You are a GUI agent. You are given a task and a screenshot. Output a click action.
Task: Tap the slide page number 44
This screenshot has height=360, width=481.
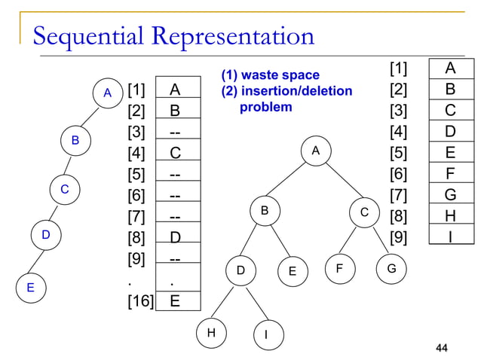click(x=442, y=347)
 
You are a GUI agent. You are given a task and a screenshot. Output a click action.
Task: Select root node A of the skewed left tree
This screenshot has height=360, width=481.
click(x=107, y=93)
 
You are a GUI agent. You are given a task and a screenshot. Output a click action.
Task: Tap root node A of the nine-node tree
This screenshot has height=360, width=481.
click(x=316, y=151)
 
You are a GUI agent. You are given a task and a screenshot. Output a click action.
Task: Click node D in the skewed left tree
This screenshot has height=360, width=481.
click(x=45, y=236)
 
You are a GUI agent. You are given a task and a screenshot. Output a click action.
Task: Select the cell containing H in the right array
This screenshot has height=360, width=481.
click(x=450, y=217)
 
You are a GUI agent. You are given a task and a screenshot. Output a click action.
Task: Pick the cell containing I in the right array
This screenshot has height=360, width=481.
click(x=450, y=238)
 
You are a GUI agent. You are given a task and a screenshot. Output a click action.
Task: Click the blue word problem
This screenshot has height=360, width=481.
click(x=265, y=107)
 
